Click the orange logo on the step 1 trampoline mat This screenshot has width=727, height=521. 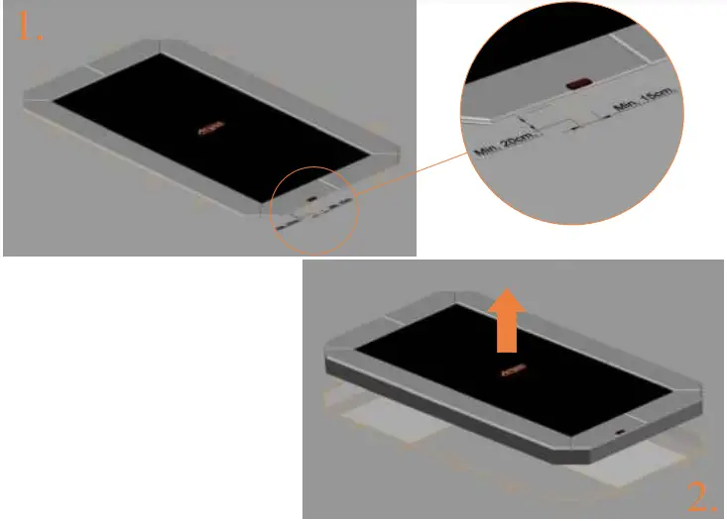click(x=209, y=128)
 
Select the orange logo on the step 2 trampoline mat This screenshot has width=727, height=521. click(x=513, y=372)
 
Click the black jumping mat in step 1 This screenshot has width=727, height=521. click(x=149, y=109)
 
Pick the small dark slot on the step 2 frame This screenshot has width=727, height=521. click(x=619, y=433)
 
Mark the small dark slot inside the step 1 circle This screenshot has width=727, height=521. click(x=311, y=198)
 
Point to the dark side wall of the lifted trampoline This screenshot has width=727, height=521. click(x=446, y=415)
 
